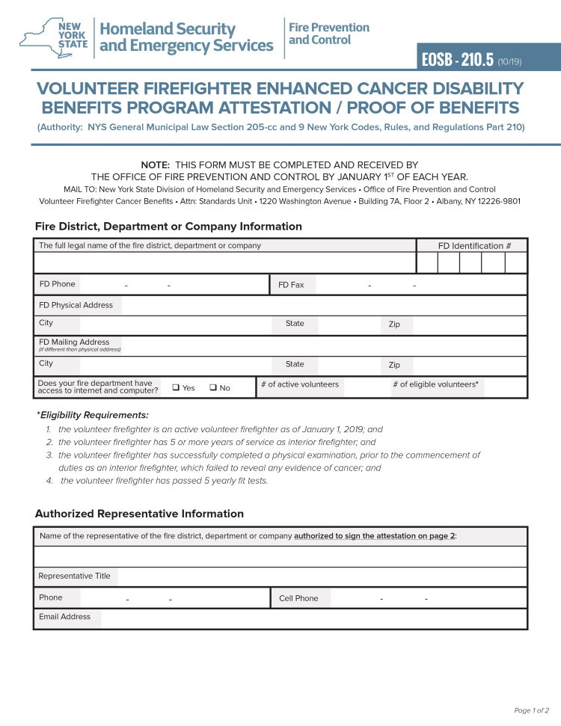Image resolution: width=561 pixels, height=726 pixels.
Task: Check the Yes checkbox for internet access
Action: pyautogui.click(x=176, y=387)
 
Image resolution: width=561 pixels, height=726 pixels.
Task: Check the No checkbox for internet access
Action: pyautogui.click(x=213, y=387)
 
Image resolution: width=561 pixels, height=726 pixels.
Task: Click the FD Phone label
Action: pyautogui.click(x=57, y=284)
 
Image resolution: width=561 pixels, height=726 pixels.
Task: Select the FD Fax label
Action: pyautogui.click(x=291, y=285)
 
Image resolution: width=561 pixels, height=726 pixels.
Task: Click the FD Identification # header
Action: pyautogui.click(x=474, y=245)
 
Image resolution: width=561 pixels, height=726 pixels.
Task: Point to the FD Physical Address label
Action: pyautogui.click(x=76, y=305)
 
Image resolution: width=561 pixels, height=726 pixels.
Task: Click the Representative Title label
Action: pyautogui.click(x=74, y=576)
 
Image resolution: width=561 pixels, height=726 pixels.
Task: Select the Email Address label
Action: pyautogui.click(x=64, y=617)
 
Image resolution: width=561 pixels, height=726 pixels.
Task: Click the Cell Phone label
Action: pyautogui.click(x=298, y=598)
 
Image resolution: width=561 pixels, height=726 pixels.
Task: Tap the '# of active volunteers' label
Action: pyautogui.click(x=299, y=384)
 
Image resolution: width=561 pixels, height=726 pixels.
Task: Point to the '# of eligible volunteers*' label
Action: pyautogui.click(x=435, y=384)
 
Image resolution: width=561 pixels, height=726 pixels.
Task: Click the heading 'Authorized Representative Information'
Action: pyautogui.click(x=139, y=514)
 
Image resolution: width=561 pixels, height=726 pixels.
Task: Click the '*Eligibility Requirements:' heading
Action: pyautogui.click(x=92, y=415)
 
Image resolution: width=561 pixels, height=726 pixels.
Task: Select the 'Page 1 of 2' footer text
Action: pyautogui.click(x=531, y=710)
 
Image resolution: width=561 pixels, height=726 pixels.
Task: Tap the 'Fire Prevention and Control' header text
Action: pyautogui.click(x=328, y=33)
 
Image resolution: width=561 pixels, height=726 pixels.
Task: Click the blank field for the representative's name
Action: pyautogui.click(x=280, y=556)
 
